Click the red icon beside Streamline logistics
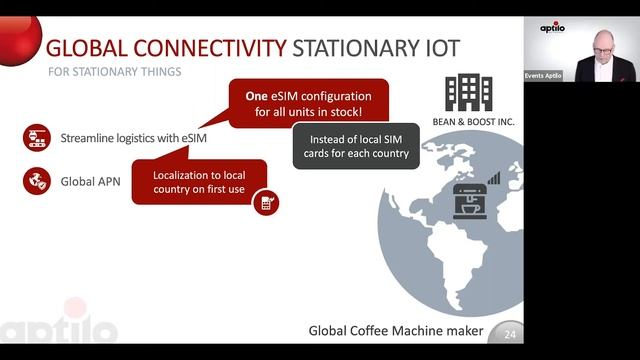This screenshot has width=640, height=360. click(36, 138)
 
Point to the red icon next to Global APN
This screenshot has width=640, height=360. click(36, 181)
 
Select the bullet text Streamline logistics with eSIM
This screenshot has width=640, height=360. click(133, 138)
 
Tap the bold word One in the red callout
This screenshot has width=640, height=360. click(256, 97)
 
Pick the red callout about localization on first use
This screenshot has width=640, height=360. click(200, 182)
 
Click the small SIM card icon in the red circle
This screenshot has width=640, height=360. click(266, 203)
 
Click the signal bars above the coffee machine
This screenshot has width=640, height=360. click(493, 177)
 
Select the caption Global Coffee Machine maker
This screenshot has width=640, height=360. click(395, 331)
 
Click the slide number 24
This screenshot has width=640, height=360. click(510, 334)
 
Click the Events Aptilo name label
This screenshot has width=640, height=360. click(544, 75)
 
